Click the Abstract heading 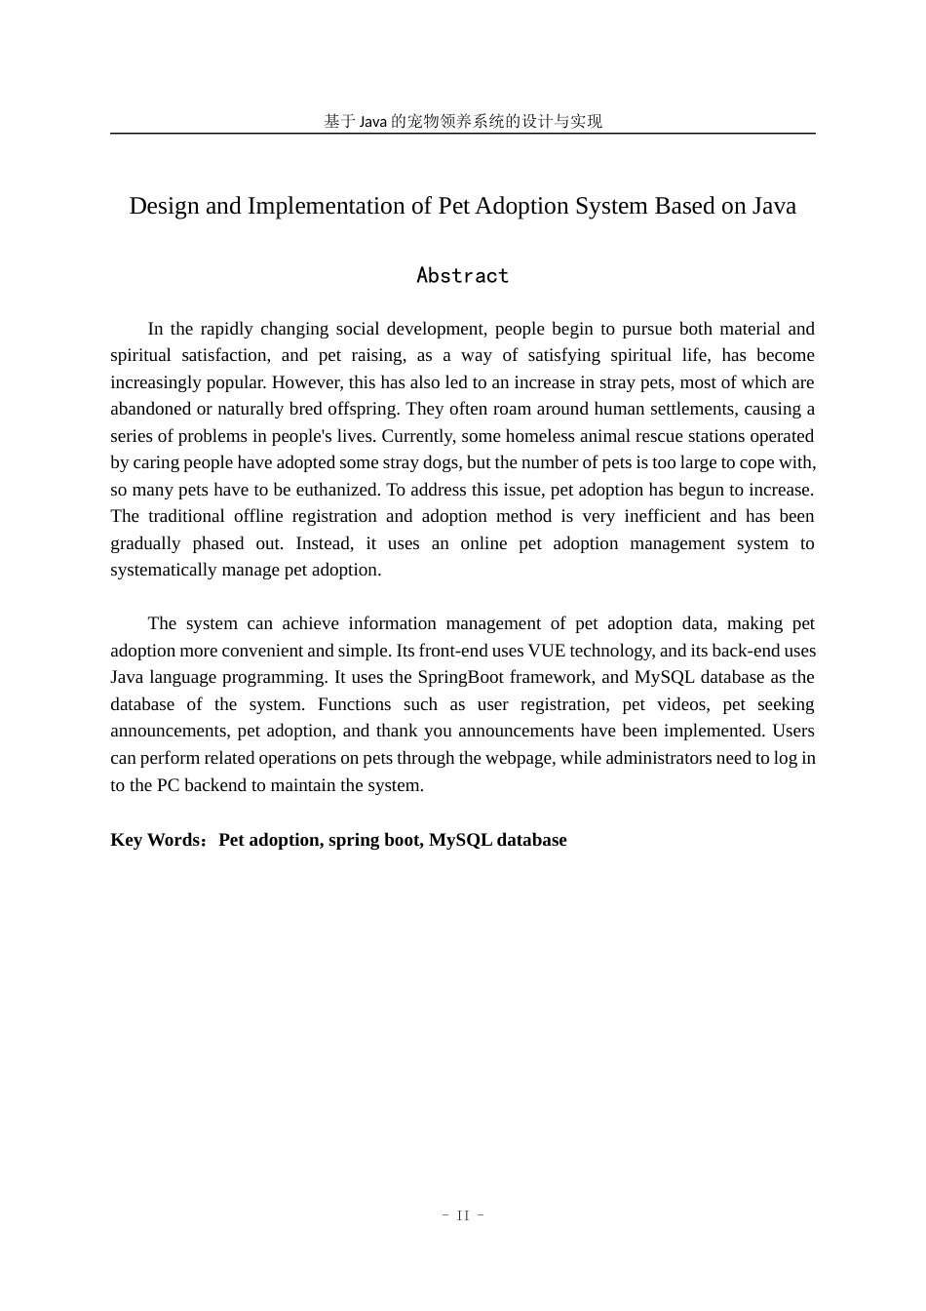[x=462, y=276]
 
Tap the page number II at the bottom [x=463, y=1215]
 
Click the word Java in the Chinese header [x=373, y=121]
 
